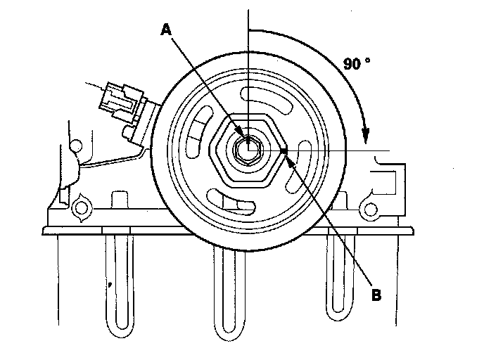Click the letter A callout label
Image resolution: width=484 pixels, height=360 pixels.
[167, 29]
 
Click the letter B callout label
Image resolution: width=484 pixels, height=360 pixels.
[376, 295]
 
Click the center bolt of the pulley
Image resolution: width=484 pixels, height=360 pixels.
[248, 148]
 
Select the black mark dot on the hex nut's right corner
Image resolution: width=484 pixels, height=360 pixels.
[284, 149]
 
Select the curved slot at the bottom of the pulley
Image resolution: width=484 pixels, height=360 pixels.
[236, 203]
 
